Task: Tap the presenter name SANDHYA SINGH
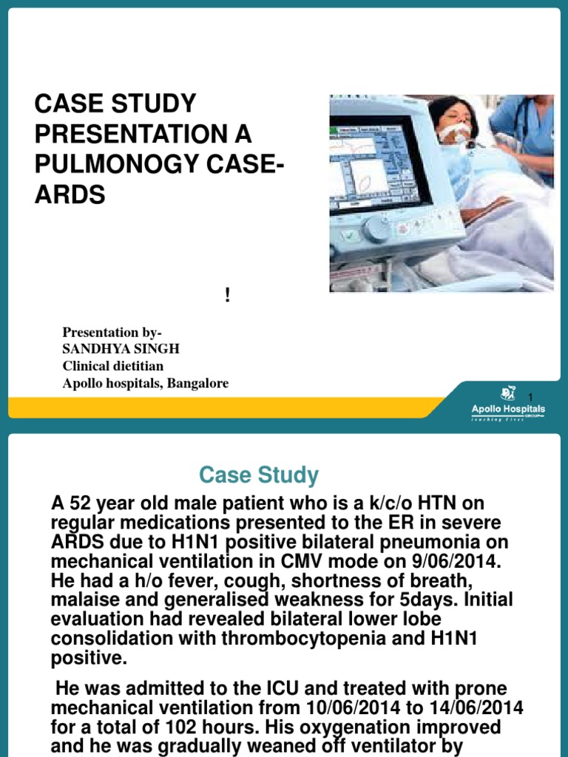tap(121, 349)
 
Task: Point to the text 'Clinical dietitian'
tap(113, 366)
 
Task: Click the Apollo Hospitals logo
tap(508, 404)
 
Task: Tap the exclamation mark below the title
tap(227, 296)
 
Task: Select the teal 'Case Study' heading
tap(259, 475)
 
